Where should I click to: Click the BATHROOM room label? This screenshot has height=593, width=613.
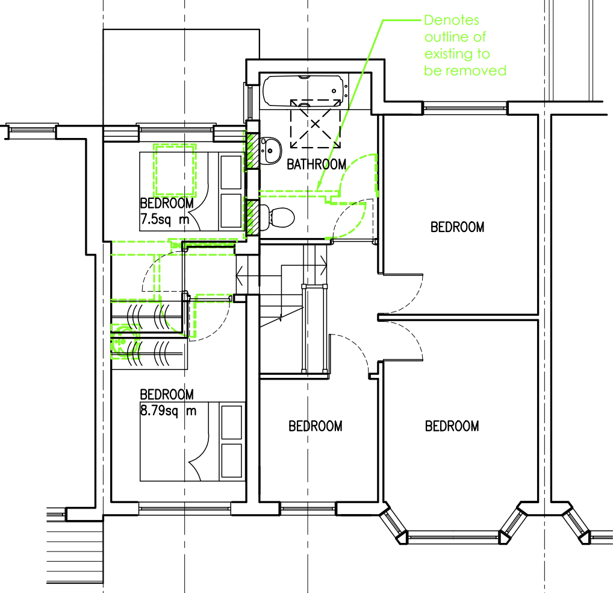[x=316, y=165]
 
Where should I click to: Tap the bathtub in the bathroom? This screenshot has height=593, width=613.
[x=303, y=91]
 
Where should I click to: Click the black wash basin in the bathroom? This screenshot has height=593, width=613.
[x=270, y=151]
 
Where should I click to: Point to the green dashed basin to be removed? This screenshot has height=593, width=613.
[x=125, y=342]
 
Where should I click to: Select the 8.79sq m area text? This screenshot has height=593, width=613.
[x=168, y=411]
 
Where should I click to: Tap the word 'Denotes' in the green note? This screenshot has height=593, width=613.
[x=452, y=20]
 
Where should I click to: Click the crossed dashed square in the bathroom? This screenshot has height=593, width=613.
[x=315, y=124]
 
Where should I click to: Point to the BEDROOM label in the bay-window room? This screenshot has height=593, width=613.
[x=452, y=426]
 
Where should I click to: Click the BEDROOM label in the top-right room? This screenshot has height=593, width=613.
[x=458, y=227]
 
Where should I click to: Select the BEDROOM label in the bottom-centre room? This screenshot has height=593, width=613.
[x=316, y=426]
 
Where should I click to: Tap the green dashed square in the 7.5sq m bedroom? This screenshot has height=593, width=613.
[x=175, y=170]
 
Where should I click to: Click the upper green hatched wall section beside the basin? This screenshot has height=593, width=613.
[x=252, y=151]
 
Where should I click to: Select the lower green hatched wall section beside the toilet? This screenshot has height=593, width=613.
[x=252, y=218]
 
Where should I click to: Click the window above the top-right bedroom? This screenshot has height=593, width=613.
[x=465, y=107]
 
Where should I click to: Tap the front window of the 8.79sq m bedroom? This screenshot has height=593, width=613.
[x=184, y=508]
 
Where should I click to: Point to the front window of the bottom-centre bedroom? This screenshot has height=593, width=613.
[x=308, y=508]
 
